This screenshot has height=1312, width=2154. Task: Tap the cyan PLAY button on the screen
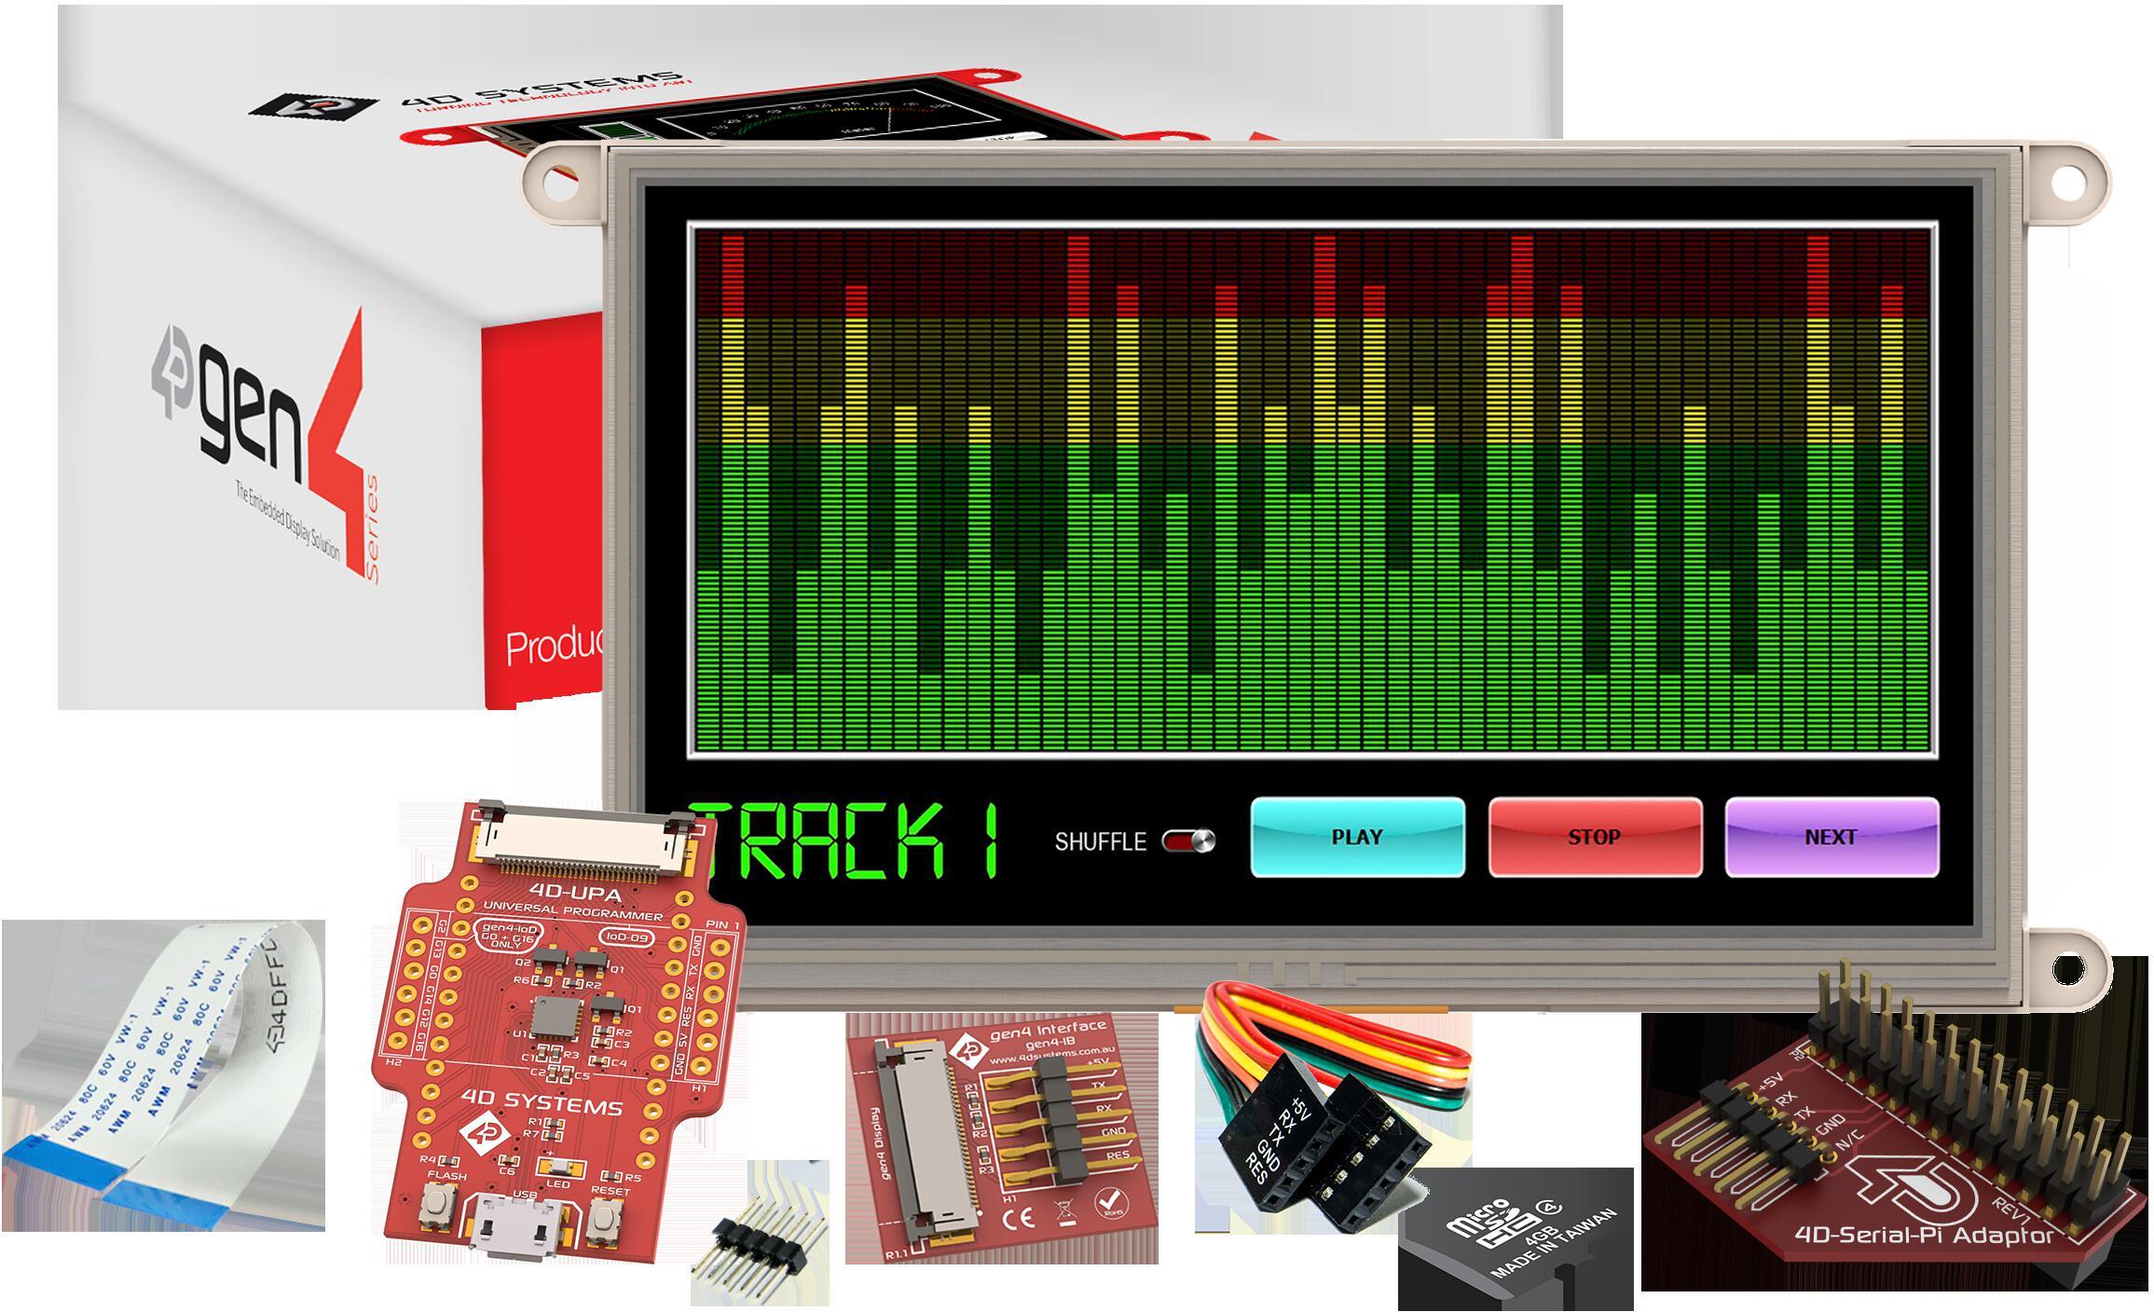point(1357,837)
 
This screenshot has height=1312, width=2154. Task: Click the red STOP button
point(1595,837)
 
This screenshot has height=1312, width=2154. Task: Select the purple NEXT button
point(1832,837)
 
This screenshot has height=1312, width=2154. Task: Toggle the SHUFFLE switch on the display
point(1188,841)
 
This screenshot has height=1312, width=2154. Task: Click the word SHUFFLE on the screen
point(1100,841)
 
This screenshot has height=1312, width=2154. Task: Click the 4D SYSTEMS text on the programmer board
point(556,1108)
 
